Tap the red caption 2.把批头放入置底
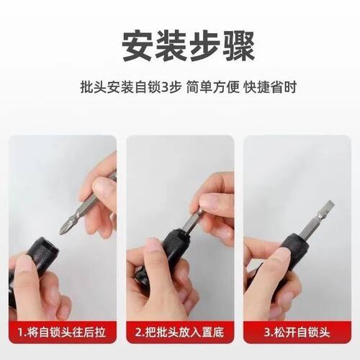pyautogui.click(x=179, y=333)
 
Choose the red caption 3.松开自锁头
pyautogui.click(x=296, y=333)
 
